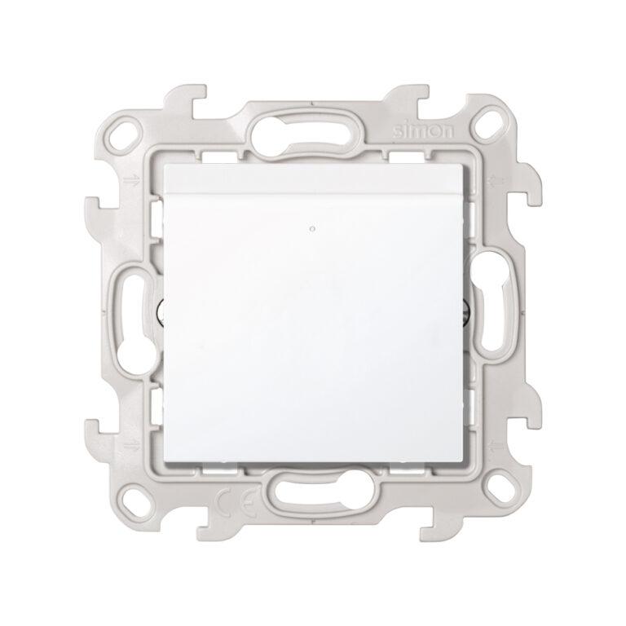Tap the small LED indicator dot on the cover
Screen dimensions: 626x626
(312, 230)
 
